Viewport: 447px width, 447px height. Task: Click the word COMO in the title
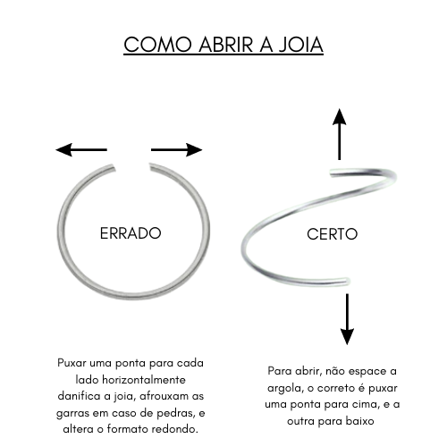pos(157,45)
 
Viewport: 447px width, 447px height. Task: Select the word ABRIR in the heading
pos(226,45)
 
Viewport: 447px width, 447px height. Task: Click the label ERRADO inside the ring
pos(131,233)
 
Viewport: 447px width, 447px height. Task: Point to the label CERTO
pos(332,234)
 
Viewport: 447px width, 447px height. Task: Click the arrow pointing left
pos(81,149)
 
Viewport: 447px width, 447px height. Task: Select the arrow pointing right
pos(177,149)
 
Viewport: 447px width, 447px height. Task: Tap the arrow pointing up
pos(340,134)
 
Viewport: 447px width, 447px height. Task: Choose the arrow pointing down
pos(347,319)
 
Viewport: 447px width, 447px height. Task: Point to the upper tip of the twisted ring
pos(332,173)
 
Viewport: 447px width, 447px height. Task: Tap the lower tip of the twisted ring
pos(348,282)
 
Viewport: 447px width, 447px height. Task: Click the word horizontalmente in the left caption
pos(144,380)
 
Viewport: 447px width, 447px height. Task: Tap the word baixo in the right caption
pos(359,421)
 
